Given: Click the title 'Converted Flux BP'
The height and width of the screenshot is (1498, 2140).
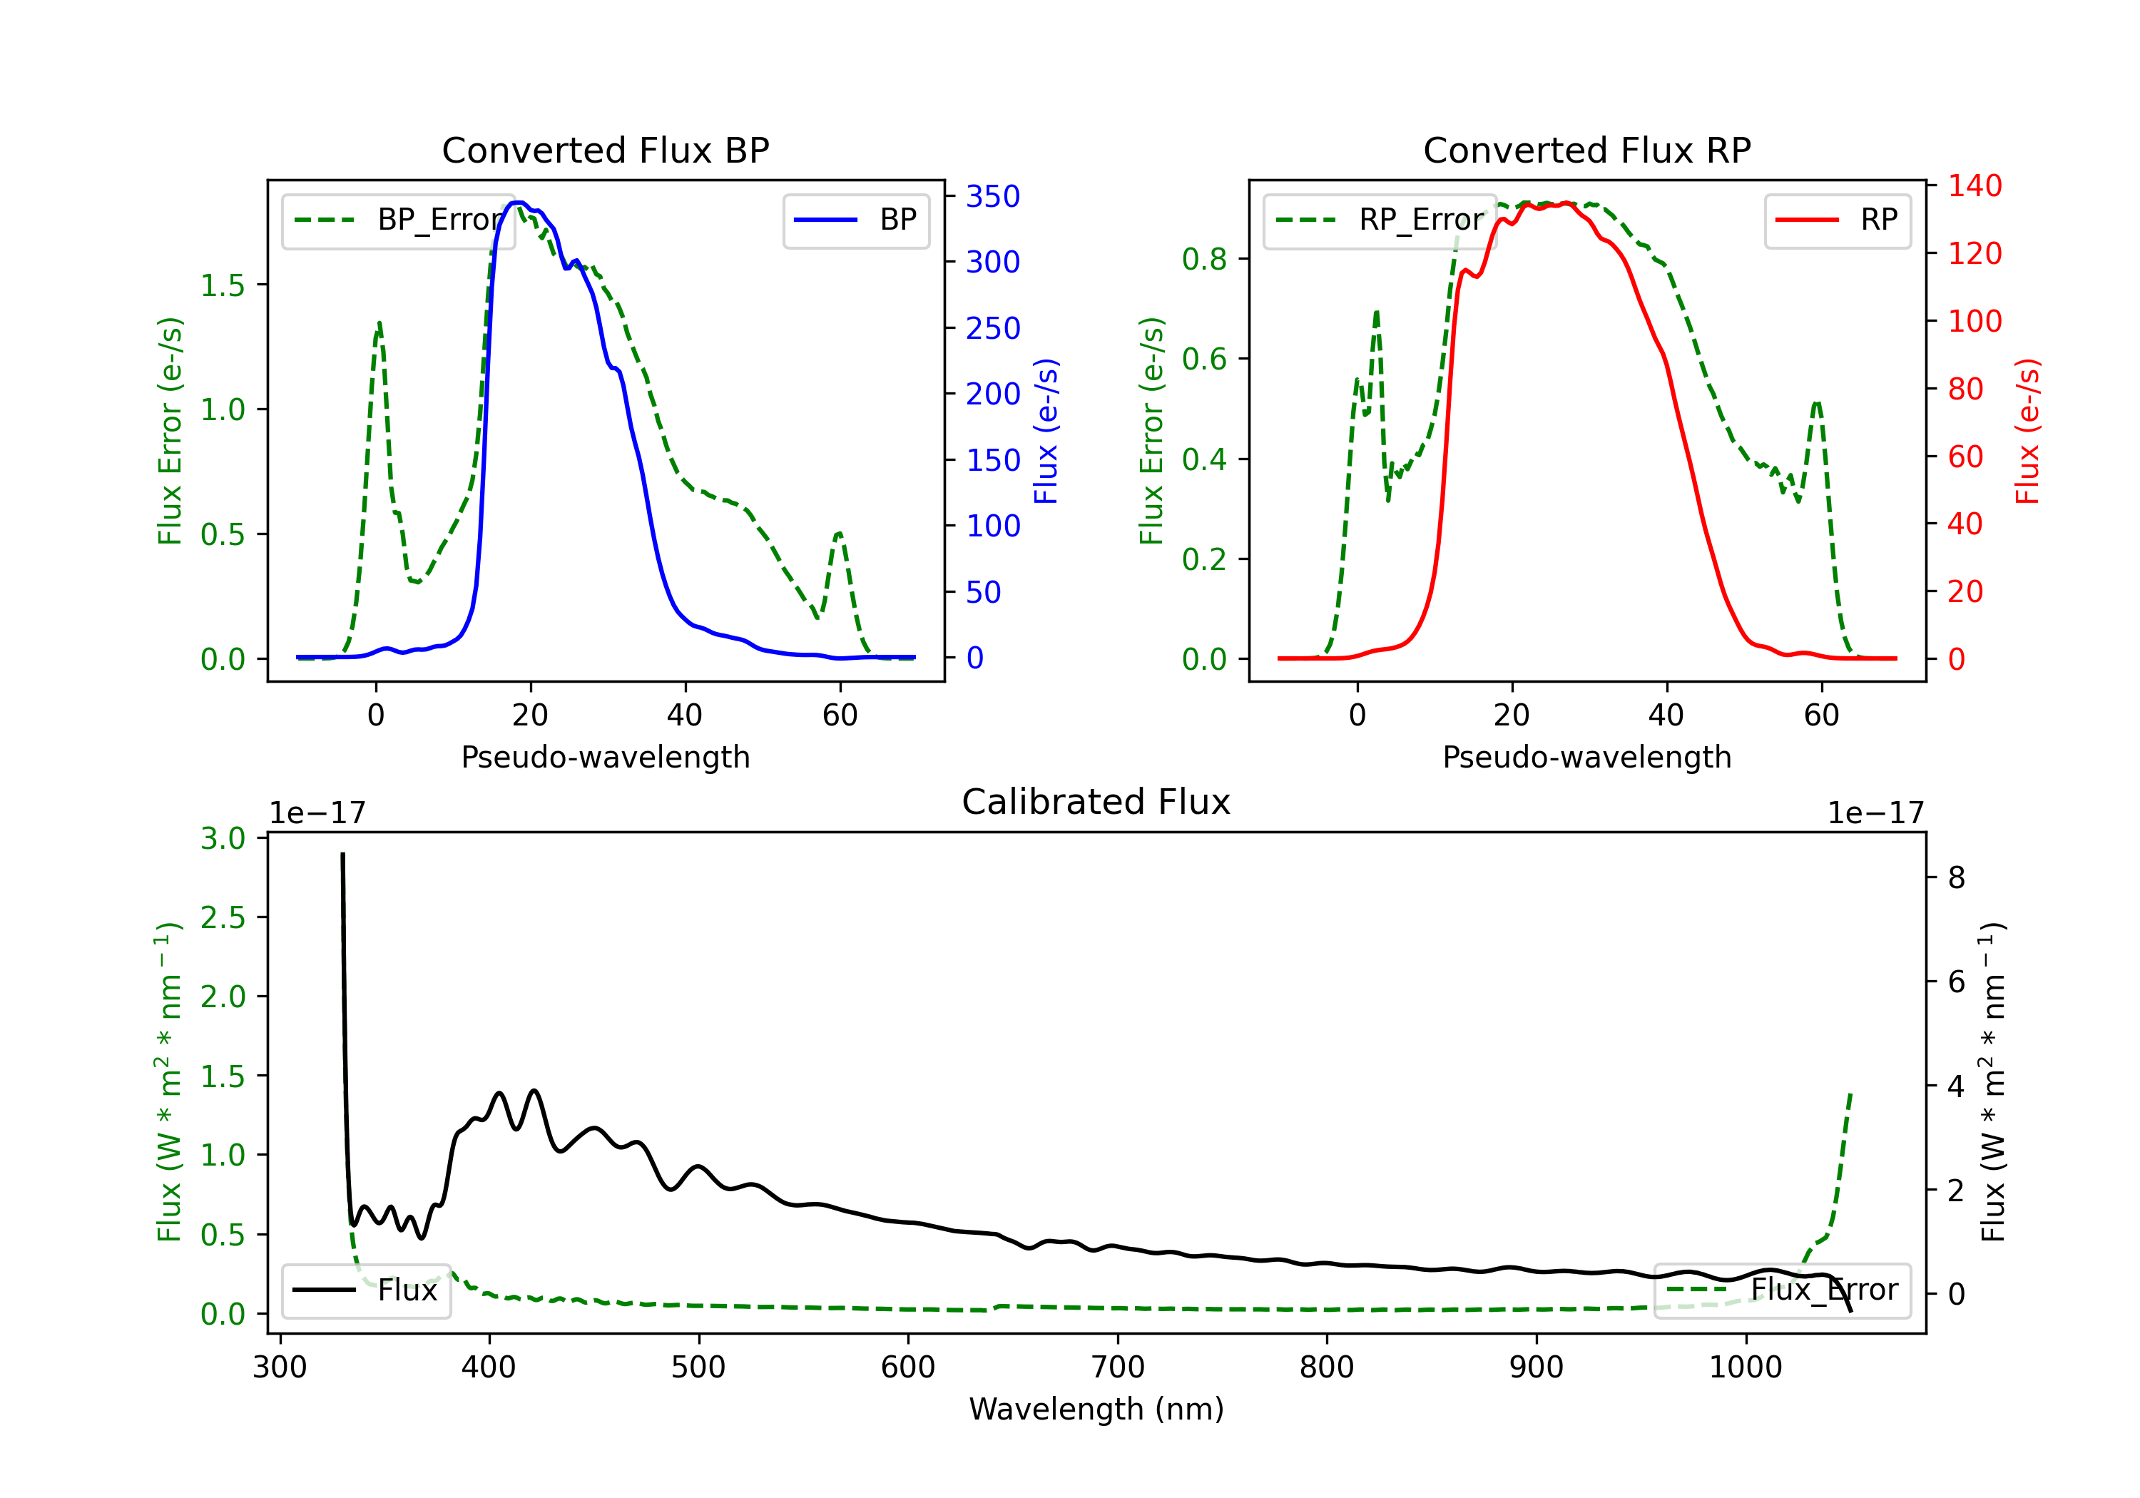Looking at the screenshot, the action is click(x=605, y=150).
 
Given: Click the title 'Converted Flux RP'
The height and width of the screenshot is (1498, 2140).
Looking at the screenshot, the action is click(x=1586, y=150).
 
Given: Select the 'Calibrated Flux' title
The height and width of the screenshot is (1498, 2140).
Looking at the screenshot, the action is click(x=1096, y=802).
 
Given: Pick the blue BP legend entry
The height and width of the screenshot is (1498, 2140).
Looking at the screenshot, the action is click(x=855, y=220).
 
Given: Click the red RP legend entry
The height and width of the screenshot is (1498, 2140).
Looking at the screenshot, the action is click(x=1837, y=220).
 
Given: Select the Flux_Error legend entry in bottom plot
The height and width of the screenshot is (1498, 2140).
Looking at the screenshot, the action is click(x=1781, y=1290).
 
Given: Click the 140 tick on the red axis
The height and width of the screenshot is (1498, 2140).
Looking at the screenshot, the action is click(x=1974, y=185).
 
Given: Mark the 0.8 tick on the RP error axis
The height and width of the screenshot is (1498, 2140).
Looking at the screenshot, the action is click(x=1204, y=259).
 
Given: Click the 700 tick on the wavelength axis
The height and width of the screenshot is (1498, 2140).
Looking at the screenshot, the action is click(x=1118, y=1367).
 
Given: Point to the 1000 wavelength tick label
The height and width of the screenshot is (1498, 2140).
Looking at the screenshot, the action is click(x=1745, y=1367).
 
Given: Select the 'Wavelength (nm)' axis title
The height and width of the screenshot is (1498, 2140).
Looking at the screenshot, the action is click(x=1096, y=1410).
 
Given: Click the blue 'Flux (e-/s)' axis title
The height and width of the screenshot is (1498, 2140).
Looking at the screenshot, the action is click(x=1046, y=431).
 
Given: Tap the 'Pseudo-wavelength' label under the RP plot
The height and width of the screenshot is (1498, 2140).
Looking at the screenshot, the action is click(x=1586, y=757).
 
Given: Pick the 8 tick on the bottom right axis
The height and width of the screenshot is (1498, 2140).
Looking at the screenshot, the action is click(x=1957, y=877).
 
